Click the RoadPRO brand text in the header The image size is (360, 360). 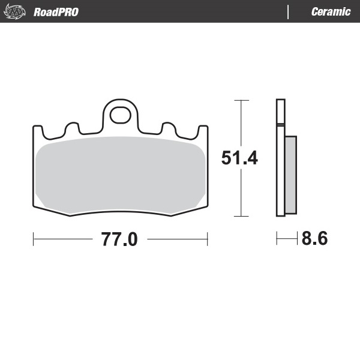coord(56,12)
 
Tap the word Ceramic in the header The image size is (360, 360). coord(331,12)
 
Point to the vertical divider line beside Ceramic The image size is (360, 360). coord(289,12)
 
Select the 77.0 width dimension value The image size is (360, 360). coord(119,240)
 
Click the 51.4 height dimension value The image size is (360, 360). coord(239,158)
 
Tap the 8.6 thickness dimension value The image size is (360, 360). coord(314,239)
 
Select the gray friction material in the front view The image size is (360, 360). coord(120,174)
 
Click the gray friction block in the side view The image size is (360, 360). coord(290,175)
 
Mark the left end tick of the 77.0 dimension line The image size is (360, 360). coord(33,239)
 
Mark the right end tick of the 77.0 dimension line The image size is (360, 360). coord(207,239)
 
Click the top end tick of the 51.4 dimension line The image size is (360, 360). coord(241,101)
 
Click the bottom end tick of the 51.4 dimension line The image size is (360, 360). coord(241,215)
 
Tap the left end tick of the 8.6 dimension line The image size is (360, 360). coord(277,239)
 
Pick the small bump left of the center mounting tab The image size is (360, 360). coord(73,127)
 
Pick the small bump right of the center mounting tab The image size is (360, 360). coord(168,127)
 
